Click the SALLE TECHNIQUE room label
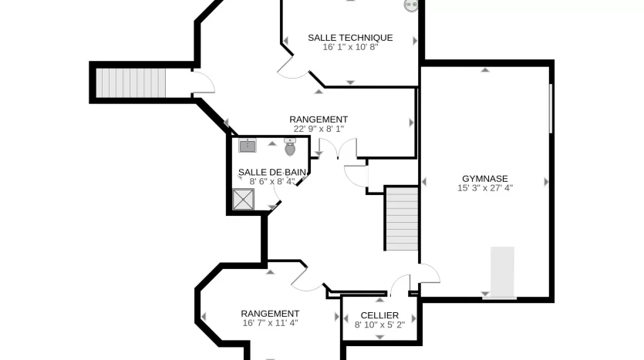(350, 38)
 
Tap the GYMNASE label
(485, 179)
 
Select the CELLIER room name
(379, 315)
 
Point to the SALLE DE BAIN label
(272, 173)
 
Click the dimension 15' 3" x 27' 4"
(485, 188)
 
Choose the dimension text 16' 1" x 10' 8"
(350, 47)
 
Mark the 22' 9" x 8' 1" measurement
(319, 129)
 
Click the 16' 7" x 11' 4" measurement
(270, 323)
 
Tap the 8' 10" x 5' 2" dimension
(380, 325)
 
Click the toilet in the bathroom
(290, 147)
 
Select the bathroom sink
(248, 146)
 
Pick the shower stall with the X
(244, 200)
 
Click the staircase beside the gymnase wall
(402, 219)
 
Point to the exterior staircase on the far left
(131, 83)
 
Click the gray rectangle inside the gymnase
(502, 271)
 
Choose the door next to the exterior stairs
(204, 82)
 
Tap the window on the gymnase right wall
(551, 109)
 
